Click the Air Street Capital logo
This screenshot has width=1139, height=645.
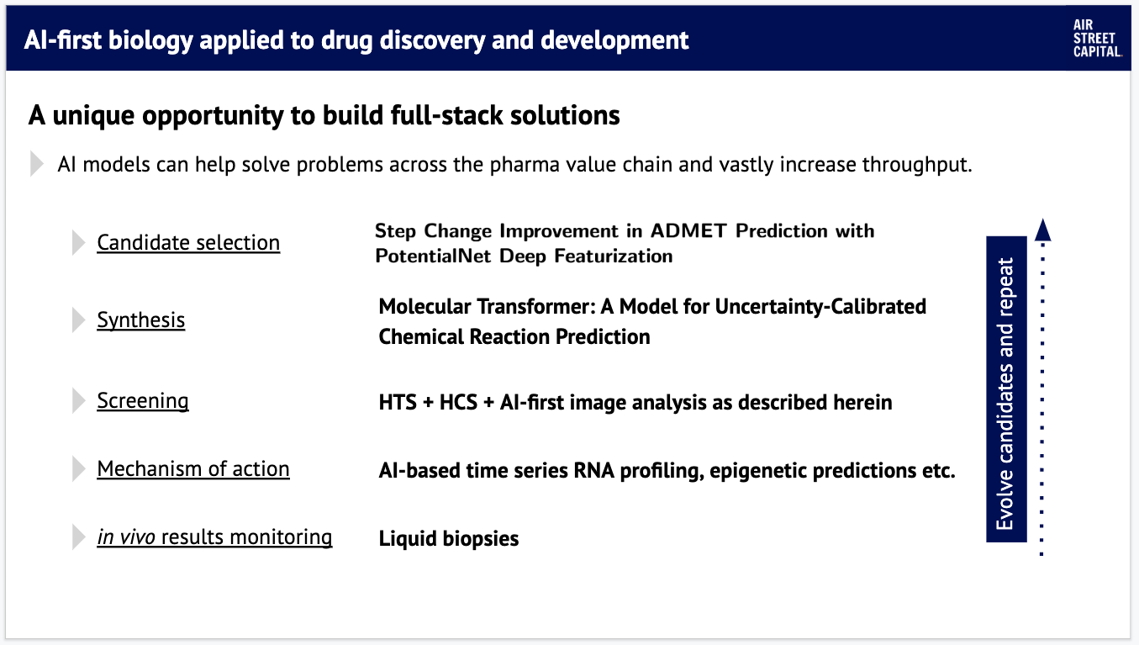(1097, 38)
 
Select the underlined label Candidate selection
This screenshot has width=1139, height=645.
(188, 243)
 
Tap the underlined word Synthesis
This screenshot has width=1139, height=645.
(141, 320)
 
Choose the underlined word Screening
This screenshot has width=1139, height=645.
(142, 401)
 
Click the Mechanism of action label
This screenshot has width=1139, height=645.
(193, 468)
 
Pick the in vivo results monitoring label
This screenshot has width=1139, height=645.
(214, 537)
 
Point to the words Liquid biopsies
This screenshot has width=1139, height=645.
(449, 538)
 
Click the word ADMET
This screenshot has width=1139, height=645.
(688, 231)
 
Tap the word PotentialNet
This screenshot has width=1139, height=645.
(433, 256)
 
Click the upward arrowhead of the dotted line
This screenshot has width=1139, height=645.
(1043, 230)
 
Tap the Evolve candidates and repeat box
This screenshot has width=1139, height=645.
(1006, 389)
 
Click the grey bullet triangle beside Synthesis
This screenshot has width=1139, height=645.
(78, 320)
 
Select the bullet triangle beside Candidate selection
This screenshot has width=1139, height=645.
(78, 243)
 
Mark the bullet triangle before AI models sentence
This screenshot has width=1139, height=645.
(37, 164)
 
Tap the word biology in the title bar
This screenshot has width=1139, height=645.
(150, 40)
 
